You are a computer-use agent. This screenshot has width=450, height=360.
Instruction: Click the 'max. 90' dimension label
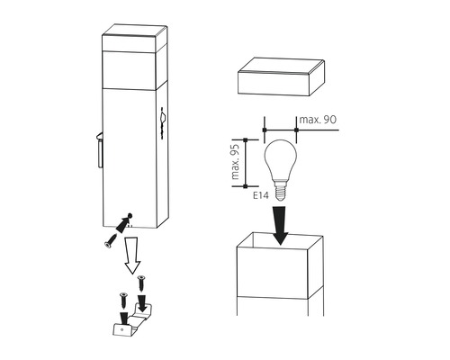coord(318,120)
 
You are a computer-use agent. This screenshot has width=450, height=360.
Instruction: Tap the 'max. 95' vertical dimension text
coord(236,162)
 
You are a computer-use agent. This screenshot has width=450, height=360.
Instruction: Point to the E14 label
coord(260,196)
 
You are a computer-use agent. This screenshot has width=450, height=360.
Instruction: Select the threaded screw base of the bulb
coord(280,190)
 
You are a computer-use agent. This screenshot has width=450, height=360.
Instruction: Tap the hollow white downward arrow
coord(132,255)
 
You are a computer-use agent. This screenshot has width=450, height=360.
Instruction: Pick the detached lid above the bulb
coord(281,76)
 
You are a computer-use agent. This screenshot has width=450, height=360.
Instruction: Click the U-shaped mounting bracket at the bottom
coord(132,320)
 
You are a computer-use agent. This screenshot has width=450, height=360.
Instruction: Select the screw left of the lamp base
coord(110,241)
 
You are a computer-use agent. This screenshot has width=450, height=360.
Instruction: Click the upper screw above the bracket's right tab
coord(141,283)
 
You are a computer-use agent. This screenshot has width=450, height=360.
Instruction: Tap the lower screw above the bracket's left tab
coord(123,300)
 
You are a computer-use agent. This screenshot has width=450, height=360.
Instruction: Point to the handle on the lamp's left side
coord(100,149)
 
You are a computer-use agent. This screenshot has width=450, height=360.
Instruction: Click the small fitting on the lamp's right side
coord(163,121)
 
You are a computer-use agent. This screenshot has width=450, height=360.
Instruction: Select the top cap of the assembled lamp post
coord(134,39)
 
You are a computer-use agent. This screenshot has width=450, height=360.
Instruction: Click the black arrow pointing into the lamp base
coord(124,222)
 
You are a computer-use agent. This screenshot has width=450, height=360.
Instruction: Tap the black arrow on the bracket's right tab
coord(142,303)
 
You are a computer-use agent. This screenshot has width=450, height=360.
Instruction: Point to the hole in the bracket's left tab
coord(121,329)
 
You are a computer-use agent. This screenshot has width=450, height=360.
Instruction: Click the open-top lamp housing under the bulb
coord(280,274)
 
